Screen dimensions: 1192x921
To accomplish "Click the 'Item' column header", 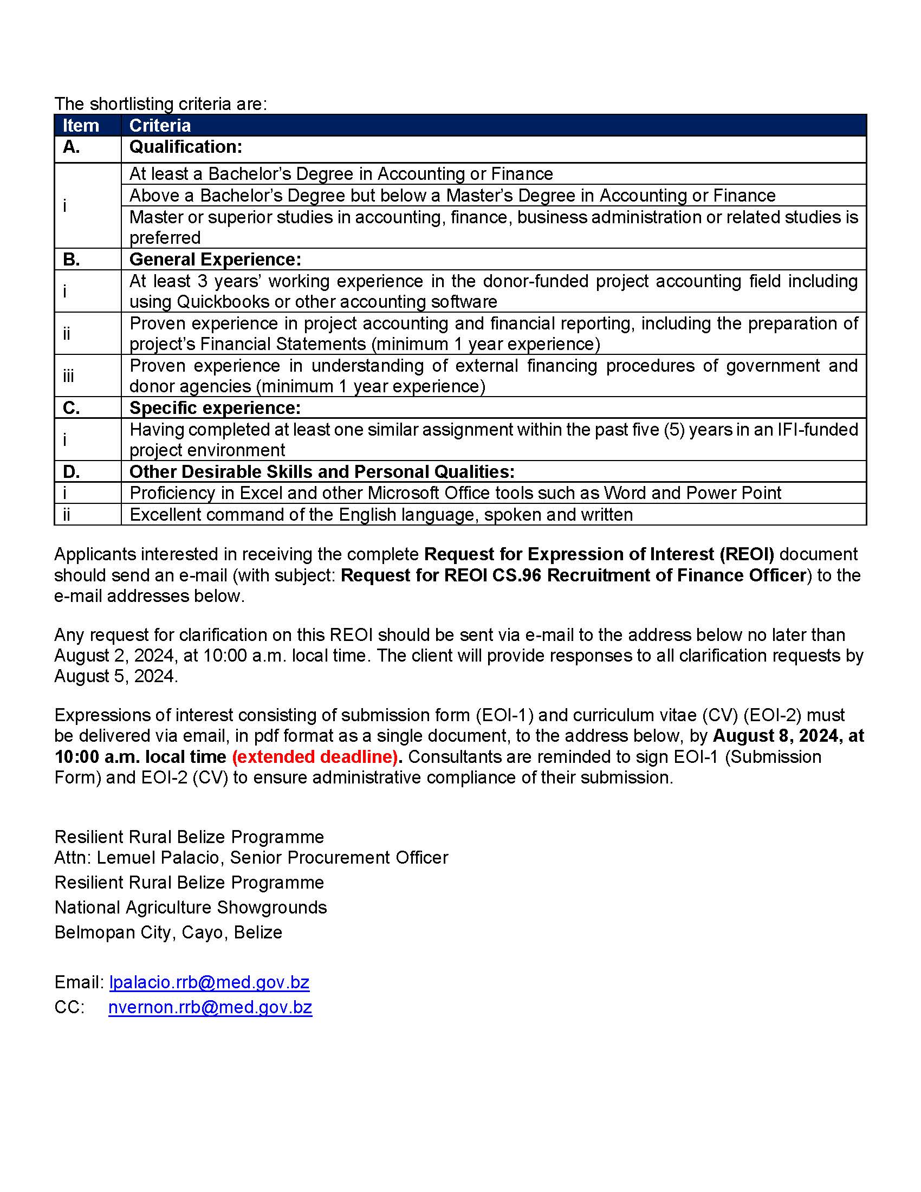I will pyautogui.click(x=81, y=126).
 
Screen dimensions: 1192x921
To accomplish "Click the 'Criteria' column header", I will pyautogui.click(x=160, y=126).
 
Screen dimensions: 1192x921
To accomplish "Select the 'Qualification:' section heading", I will pyautogui.click(x=185, y=147).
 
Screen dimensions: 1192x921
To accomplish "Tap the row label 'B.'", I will pyautogui.click(x=72, y=259).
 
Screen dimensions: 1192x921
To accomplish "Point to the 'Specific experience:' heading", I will pyautogui.click(x=215, y=407).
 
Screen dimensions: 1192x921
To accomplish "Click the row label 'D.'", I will pyautogui.click(x=72, y=471).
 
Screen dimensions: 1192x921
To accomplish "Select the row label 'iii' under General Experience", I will pyautogui.click(x=68, y=376).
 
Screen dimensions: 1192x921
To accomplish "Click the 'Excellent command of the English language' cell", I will pyautogui.click(x=381, y=515).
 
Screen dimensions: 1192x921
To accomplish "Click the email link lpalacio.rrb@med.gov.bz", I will pyautogui.click(x=209, y=982).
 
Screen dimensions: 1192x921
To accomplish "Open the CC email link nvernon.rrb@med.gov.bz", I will pyautogui.click(x=210, y=1007).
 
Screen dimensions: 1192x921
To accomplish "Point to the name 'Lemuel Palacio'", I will pyautogui.click(x=158, y=858).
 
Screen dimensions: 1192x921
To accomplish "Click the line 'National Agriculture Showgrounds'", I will pyautogui.click(x=190, y=907).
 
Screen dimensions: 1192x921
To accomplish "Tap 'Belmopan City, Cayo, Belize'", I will pyautogui.click(x=168, y=932).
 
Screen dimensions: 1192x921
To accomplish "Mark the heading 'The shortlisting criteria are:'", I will pyautogui.click(x=160, y=103).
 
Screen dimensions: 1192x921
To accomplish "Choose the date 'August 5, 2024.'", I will pyautogui.click(x=116, y=676).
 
